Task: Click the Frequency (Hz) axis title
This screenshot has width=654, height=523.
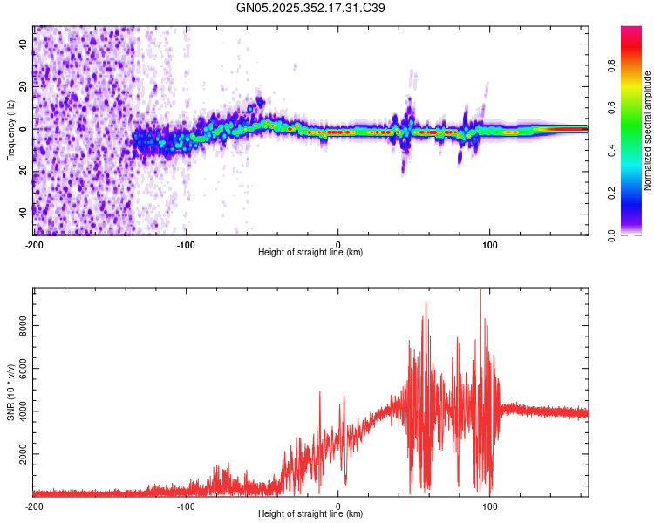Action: [10, 131]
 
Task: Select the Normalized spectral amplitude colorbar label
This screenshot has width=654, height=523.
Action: [648, 131]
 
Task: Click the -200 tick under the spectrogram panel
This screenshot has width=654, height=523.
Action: [34, 243]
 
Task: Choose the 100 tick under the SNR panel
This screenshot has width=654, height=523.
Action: [490, 506]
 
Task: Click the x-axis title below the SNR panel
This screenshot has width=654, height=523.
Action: [311, 514]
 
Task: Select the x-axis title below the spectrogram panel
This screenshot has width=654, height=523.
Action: [311, 252]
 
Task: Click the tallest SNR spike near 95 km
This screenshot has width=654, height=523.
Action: [480, 290]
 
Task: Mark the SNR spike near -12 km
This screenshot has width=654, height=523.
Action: [320, 392]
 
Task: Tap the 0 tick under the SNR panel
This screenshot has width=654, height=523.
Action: [338, 506]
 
